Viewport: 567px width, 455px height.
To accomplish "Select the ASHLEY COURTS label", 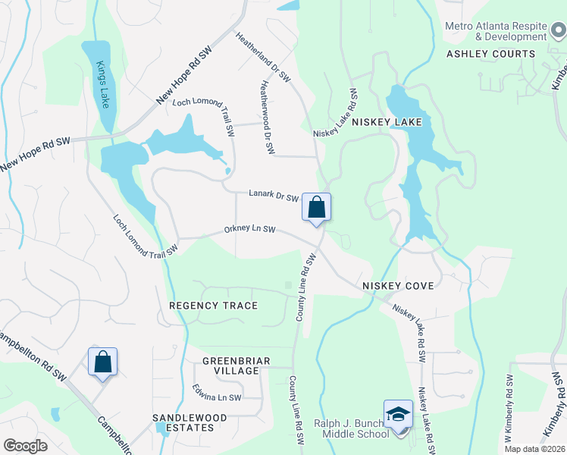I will [x=490, y=54].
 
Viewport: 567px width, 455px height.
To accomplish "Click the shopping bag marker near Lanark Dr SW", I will [x=316, y=206].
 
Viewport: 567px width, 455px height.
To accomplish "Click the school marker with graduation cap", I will [x=398, y=414].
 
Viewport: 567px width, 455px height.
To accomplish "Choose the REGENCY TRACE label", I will [x=213, y=306].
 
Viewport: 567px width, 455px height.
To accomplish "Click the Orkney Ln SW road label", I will [x=249, y=230].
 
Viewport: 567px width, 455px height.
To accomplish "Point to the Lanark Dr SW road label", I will [x=274, y=196].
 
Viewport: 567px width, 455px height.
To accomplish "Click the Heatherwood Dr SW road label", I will [x=268, y=118].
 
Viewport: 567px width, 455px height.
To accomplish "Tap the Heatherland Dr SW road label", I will [x=262, y=56].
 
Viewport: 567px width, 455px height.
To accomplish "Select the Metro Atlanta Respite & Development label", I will [x=496, y=31].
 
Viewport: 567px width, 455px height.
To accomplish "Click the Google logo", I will [x=26, y=446].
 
